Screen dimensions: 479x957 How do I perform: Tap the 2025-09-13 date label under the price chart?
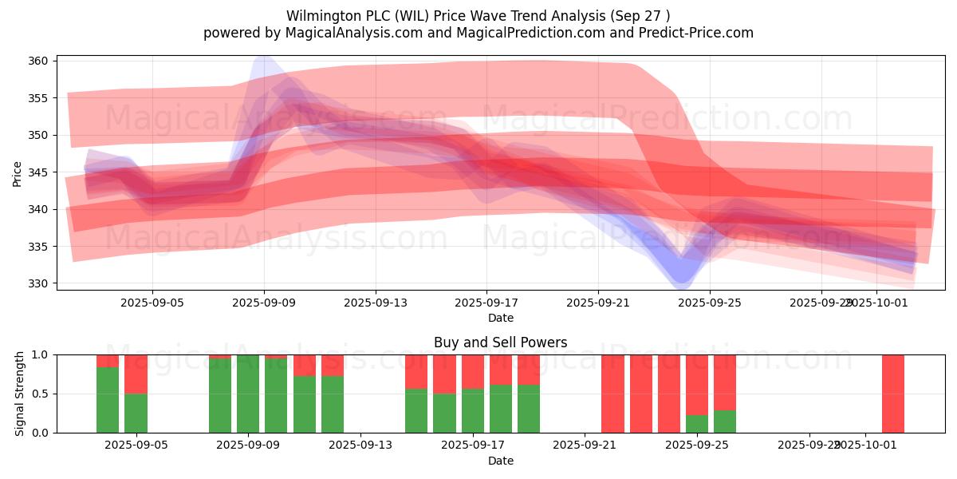376,303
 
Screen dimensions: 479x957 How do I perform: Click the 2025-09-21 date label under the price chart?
598,303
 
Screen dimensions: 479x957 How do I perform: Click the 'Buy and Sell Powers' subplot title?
500,342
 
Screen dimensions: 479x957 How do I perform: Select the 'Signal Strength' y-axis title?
20,394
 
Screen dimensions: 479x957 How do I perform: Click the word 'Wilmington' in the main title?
319,16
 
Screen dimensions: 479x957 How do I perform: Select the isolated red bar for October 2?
892,394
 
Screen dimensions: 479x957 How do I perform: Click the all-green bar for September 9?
248,394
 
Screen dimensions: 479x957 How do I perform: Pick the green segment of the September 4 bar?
108,399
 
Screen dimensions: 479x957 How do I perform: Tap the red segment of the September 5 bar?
136,374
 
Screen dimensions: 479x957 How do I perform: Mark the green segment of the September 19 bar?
528,409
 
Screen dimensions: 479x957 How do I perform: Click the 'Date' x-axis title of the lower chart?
500,461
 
